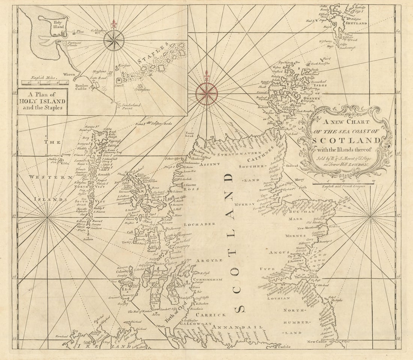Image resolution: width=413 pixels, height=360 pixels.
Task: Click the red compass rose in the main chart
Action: coord(206,94)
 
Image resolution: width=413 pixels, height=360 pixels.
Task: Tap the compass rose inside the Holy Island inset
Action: coord(114,41)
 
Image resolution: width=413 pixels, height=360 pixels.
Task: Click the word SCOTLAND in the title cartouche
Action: coord(346,141)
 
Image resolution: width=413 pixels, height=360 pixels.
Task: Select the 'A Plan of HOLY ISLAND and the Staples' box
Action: coord(42,101)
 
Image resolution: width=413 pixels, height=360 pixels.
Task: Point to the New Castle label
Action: coord(316,342)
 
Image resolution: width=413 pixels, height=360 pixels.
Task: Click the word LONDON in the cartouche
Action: coord(359,165)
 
